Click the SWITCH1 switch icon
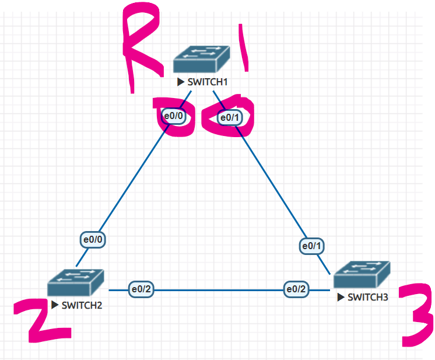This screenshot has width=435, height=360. [x=201, y=59]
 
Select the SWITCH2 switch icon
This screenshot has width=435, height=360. [x=75, y=282]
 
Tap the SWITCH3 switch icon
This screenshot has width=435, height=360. [x=362, y=274]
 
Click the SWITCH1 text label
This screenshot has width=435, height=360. [x=208, y=82]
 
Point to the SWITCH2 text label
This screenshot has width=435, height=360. [x=82, y=306]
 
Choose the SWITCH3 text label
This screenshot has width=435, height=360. [x=367, y=298]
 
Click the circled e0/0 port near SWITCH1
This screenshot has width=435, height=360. [x=174, y=116]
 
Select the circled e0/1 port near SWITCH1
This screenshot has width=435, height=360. [x=230, y=118]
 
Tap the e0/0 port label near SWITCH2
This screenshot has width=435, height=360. [x=93, y=240]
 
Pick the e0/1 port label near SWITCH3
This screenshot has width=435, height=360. [x=311, y=246]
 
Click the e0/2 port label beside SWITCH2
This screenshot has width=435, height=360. [x=141, y=289]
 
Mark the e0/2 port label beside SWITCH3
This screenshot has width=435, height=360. [x=296, y=289]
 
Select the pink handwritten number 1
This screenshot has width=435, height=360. [x=244, y=48]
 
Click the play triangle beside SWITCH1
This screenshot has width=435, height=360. [x=181, y=82]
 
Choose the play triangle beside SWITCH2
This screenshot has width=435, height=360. [x=55, y=305]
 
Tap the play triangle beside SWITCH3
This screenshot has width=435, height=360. [x=341, y=297]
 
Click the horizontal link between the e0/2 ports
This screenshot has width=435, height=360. [x=219, y=291]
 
